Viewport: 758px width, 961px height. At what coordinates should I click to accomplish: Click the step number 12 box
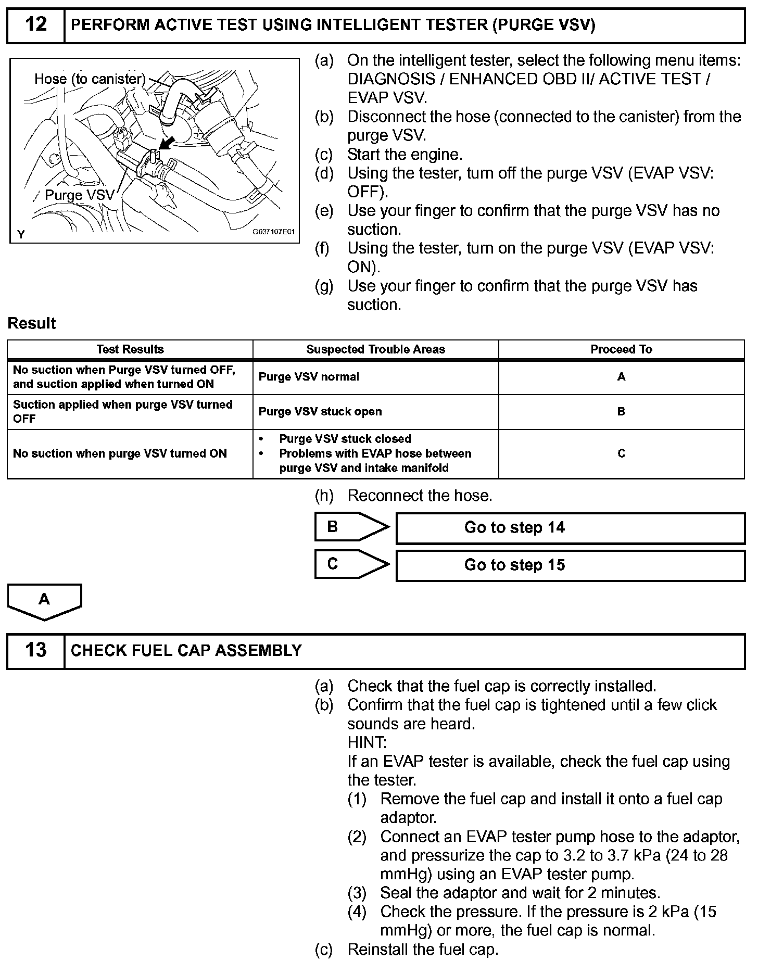35,25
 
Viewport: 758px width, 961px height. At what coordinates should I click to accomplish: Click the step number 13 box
35,650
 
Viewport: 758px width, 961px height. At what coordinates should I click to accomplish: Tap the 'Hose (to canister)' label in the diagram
90,79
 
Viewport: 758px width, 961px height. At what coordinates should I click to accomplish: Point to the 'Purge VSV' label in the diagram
79,195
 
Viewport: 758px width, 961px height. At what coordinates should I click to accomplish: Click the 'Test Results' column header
130,350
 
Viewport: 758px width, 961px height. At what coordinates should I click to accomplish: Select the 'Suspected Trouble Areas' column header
375,350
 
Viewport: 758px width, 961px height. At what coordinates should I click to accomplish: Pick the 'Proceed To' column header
621,350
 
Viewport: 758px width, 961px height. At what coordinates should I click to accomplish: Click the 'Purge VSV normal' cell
309,377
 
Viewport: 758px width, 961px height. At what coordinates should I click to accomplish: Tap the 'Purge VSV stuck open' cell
320,412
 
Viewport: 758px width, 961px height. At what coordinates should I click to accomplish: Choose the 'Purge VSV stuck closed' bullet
345,439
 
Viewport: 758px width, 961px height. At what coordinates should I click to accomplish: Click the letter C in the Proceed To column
621,453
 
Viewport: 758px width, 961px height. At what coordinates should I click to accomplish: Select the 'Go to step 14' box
570,528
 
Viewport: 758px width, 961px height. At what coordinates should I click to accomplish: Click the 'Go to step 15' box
570,565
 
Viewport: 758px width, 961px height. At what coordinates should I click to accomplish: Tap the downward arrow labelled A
44,601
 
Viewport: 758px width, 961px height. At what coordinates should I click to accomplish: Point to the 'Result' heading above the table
32,323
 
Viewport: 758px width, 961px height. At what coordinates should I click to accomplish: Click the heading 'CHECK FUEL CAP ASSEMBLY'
186,651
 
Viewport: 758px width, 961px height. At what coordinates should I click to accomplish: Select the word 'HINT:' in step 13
367,742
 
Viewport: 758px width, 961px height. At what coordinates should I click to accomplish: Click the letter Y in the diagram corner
21,235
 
